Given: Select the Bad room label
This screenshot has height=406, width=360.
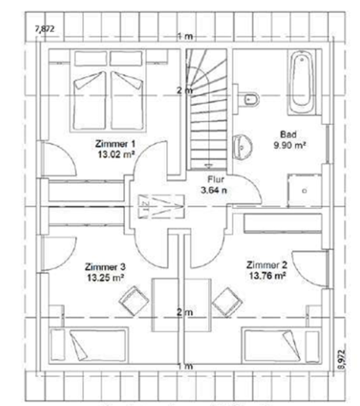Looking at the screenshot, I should coord(288,135).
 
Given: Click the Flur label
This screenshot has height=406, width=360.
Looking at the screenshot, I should coord(214,179).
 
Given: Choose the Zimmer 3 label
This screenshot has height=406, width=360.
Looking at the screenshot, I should coord(104,268).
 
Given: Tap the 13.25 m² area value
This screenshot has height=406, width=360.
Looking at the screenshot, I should coord(104,279).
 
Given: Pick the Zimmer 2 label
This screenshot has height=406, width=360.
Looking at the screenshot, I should coord(267,264).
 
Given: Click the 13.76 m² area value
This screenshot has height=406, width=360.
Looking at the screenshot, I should coord(267,276).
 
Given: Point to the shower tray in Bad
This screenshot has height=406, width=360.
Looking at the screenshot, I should coord(306,183).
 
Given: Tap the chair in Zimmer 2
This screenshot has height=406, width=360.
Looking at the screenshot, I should coord(228,299).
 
